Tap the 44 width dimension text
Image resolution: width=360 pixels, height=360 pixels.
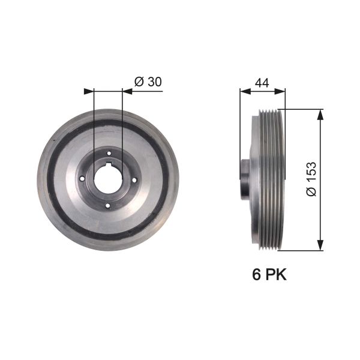[x=261, y=83]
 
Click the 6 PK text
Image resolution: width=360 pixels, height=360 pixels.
[x=268, y=275]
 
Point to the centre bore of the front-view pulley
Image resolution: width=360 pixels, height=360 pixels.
[x=108, y=178]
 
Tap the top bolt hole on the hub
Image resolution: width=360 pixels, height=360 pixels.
[x=108, y=153]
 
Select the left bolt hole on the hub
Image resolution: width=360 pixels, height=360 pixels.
[x=82, y=179]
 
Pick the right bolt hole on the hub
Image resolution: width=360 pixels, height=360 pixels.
[x=134, y=179]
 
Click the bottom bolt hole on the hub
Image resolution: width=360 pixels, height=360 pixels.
[x=108, y=205]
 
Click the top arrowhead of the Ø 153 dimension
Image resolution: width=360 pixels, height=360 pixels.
[x=320, y=113]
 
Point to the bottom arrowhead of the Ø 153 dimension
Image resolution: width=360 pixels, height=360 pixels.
[x=320, y=245]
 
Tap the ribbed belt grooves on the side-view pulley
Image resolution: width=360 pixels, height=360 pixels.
[x=270, y=179]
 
